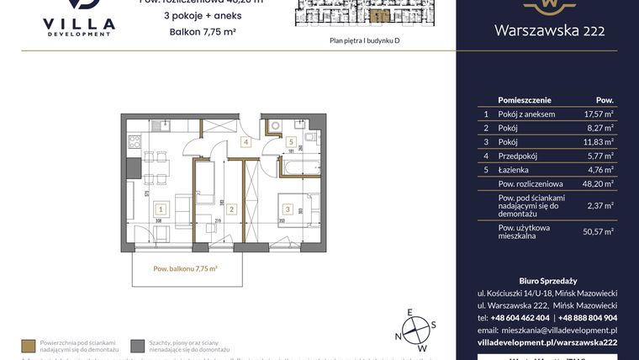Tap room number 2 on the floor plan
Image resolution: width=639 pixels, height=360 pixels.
click(230, 209)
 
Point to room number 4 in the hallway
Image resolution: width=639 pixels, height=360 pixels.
click(246, 143)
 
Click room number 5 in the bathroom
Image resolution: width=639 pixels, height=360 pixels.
click(289, 143)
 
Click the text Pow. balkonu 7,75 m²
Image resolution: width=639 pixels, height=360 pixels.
click(186, 268)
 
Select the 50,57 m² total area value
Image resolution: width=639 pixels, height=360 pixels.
click(600, 231)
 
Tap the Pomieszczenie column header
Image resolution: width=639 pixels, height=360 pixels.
click(524, 98)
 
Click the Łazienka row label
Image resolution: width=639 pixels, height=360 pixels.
click(515, 170)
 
